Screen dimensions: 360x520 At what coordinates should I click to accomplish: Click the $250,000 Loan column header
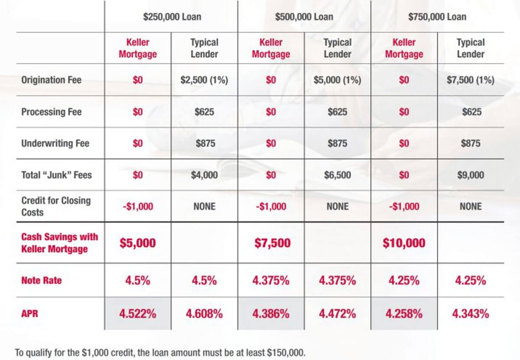[172, 17]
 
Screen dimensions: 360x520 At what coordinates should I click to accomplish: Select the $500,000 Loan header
[304, 17]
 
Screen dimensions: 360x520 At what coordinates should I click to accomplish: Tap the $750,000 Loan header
[437, 17]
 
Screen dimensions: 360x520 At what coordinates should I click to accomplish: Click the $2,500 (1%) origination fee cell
[204, 80]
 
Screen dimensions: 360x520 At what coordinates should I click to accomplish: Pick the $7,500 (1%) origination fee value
[471, 80]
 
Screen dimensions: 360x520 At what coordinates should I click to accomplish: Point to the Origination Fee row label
[51, 80]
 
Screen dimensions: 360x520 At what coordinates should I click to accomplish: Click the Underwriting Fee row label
[55, 144]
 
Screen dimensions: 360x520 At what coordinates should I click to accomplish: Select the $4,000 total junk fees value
[204, 175]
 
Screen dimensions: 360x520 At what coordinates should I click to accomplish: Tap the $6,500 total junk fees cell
[338, 175]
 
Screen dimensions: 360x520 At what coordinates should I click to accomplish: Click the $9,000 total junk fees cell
[471, 175]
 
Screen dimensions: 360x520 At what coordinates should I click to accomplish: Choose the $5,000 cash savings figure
[137, 243]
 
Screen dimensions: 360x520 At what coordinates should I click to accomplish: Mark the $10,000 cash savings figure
[404, 243]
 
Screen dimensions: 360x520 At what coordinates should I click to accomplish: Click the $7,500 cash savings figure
[271, 243]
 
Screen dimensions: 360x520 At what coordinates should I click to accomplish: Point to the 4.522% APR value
[137, 314]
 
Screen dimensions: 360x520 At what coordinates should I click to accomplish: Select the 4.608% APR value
[204, 314]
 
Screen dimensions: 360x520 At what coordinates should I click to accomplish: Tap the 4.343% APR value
[471, 314]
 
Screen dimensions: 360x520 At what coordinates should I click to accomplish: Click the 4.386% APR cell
[271, 314]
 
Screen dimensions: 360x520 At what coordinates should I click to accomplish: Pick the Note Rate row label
[42, 281]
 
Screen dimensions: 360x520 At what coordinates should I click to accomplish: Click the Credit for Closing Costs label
[56, 206]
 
